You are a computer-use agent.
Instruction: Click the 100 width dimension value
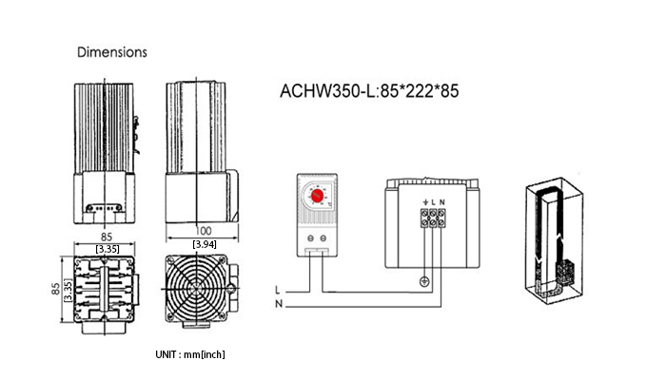202,229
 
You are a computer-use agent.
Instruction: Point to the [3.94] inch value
202,245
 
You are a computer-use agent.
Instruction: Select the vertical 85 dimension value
54,286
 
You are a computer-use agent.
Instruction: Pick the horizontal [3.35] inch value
107,248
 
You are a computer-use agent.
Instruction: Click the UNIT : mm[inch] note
189,354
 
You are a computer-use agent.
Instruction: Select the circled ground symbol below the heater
423,280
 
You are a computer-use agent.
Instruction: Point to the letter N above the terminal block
442,202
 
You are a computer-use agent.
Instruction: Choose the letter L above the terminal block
433,202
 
